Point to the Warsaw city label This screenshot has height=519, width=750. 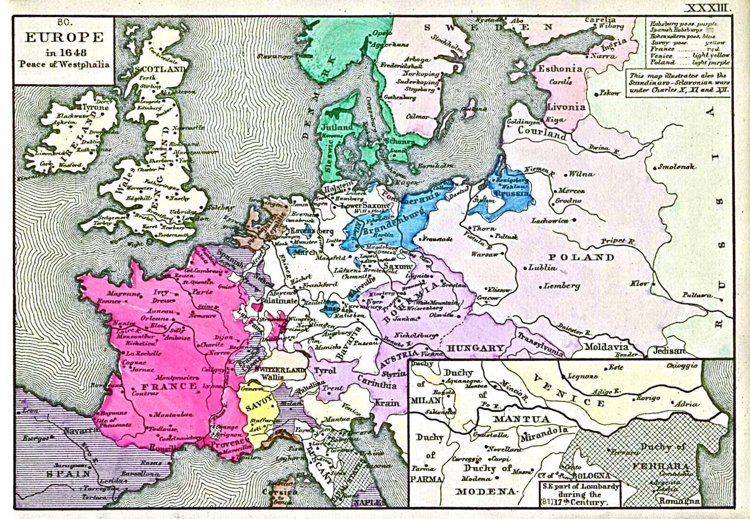485,254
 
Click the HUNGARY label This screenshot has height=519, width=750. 475,348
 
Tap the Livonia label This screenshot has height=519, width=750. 566,107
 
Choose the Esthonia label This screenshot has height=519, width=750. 560,69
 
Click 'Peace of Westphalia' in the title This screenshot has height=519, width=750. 64,64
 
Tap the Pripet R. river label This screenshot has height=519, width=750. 618,241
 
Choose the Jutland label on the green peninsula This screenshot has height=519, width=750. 337,127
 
